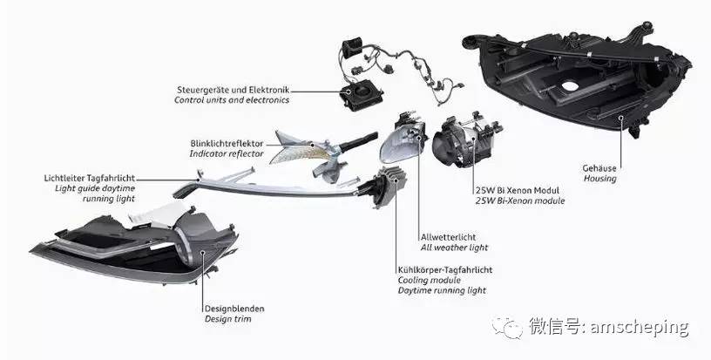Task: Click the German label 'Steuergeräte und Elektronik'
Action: (233, 90)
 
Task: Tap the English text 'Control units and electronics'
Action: (232, 100)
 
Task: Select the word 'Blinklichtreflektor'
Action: (227, 143)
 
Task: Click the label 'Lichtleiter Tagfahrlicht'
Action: (90, 178)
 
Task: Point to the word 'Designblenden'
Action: (234, 309)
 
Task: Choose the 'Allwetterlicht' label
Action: (449, 237)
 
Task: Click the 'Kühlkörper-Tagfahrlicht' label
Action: (445, 269)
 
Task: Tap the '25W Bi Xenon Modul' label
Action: (518, 190)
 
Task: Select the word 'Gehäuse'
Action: (599, 168)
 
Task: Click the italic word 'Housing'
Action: (599, 179)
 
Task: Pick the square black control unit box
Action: (362, 94)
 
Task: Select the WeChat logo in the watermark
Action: (507, 327)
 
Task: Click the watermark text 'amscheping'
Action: (640, 328)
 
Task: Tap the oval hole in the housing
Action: (570, 86)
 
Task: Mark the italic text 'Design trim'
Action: (228, 319)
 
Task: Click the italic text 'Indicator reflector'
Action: (227, 153)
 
